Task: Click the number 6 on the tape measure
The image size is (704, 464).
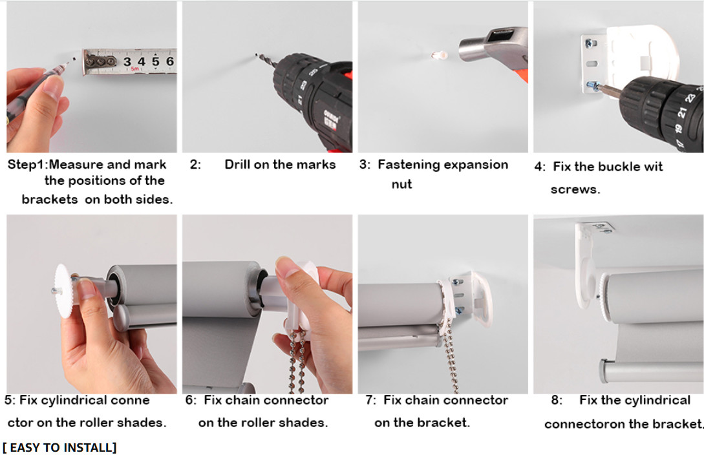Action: tap(170, 61)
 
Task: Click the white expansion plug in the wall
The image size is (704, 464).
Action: tap(440, 55)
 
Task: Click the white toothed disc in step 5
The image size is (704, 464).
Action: tap(63, 291)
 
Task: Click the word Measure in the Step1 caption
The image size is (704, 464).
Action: tap(76, 165)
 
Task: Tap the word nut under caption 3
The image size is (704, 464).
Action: tap(402, 184)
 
